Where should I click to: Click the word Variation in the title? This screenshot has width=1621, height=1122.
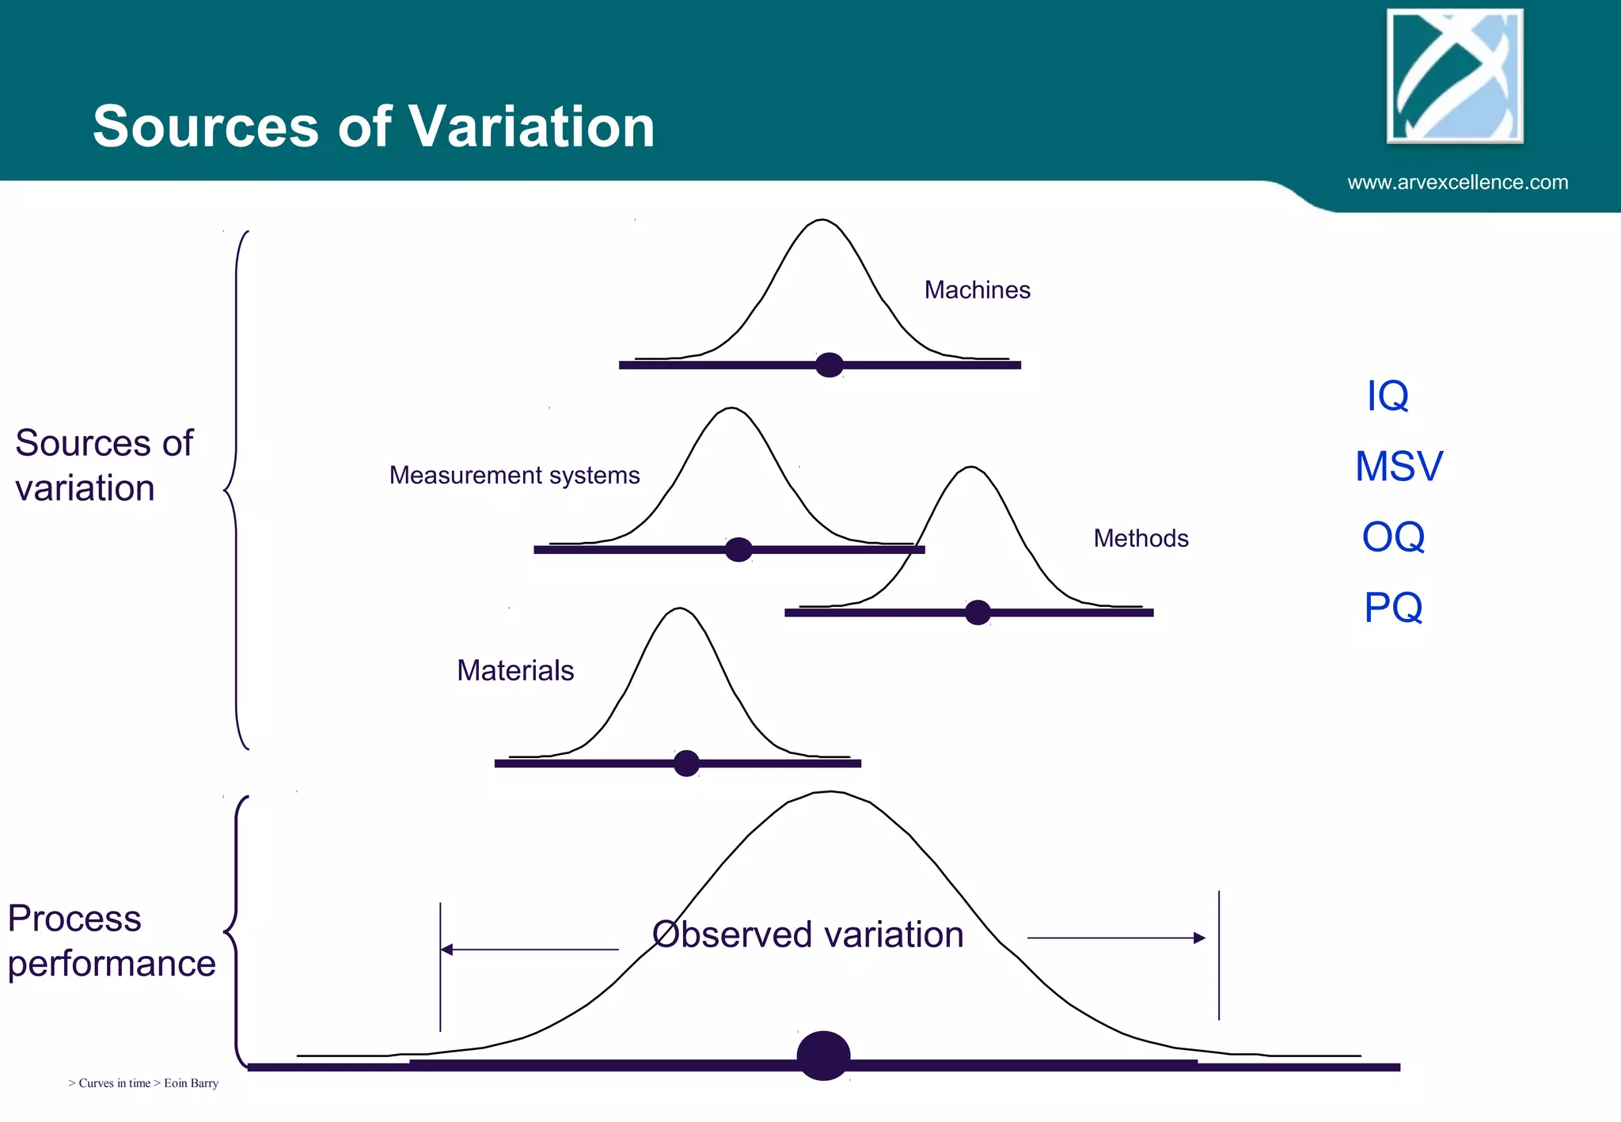click(532, 127)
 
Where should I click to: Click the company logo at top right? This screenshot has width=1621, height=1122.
click(1455, 77)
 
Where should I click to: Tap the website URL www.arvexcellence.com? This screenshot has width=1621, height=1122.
click(1457, 183)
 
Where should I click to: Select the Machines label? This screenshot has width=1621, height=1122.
click(977, 290)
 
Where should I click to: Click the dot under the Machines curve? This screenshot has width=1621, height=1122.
click(829, 365)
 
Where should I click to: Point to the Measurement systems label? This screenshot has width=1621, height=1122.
click(514, 476)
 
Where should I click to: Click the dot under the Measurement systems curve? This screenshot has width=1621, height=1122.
click(738, 549)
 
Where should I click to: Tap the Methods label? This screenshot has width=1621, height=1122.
click(1141, 539)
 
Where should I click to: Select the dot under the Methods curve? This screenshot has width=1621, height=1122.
click(978, 612)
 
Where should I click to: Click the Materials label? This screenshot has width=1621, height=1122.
click(515, 671)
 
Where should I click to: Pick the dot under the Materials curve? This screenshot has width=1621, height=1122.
click(686, 764)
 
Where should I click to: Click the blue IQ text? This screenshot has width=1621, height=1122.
click(1388, 396)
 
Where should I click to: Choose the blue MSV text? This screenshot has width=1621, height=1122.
click(1399, 466)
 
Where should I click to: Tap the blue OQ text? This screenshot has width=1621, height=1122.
click(1393, 537)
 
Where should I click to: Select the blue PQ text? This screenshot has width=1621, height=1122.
click(1393, 608)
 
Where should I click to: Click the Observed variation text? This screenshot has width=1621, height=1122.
click(807, 934)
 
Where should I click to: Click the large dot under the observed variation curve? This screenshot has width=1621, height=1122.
click(823, 1056)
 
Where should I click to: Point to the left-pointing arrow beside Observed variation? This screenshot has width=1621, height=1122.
click(529, 950)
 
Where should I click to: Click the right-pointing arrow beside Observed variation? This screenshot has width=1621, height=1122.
click(1116, 938)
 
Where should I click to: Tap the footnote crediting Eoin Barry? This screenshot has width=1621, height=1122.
click(143, 1083)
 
